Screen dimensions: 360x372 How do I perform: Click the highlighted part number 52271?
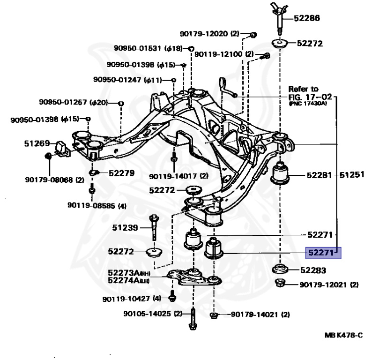[320, 253]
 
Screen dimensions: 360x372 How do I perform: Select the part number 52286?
[307, 19]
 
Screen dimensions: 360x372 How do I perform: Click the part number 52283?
[313, 270]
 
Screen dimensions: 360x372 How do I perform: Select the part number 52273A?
[124, 273]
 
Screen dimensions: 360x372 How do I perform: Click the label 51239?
[125, 228]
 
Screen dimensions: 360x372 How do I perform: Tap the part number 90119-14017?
[172, 176]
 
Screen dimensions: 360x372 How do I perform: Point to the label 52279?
[121, 173]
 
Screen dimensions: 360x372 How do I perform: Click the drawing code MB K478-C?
[343, 335]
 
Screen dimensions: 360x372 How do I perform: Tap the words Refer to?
[303, 89]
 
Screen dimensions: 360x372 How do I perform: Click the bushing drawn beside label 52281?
[281, 174]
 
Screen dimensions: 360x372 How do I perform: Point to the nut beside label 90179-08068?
[48, 156]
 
